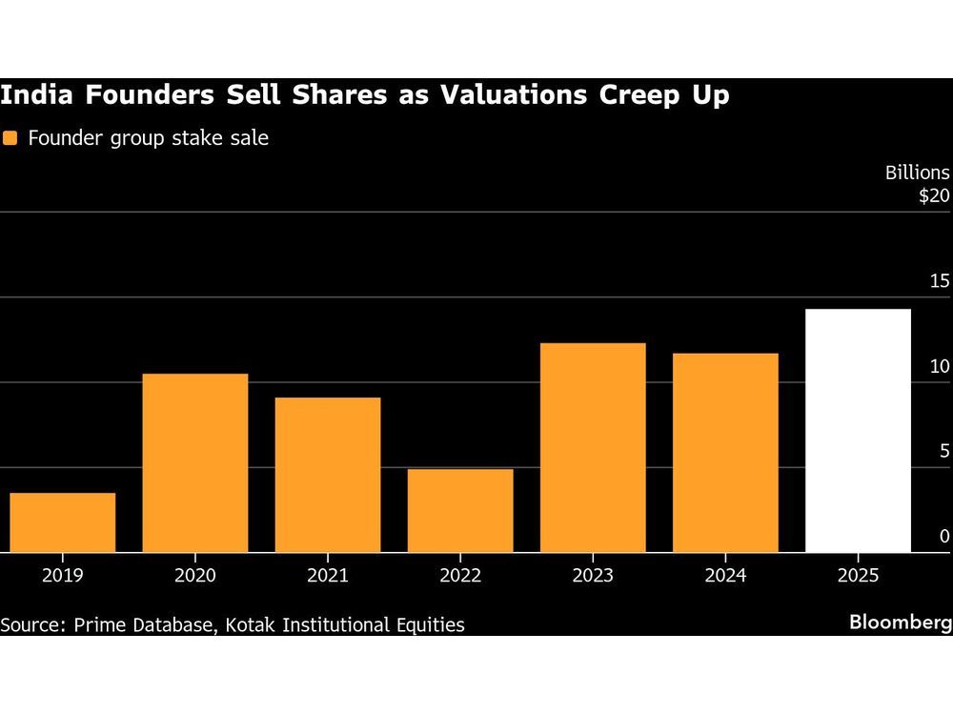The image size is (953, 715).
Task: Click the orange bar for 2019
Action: coord(63,522)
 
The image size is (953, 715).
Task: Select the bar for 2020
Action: coord(195,463)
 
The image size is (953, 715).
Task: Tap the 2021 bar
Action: coord(328,475)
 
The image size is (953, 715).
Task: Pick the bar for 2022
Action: coord(460,511)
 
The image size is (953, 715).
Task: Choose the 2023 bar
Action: coord(593,448)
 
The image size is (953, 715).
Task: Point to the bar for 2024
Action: coord(725,453)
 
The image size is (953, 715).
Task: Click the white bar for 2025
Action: coord(858,431)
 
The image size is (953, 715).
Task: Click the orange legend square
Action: coord(10,138)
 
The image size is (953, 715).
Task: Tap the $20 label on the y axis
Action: coord(934,196)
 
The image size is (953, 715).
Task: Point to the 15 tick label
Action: coord(940,281)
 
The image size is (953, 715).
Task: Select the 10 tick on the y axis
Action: coord(940,367)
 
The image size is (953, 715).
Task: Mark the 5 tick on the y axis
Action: coord(944,452)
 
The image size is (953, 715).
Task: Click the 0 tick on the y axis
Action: coord(944,537)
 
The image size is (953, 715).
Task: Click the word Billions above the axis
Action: coord(917,173)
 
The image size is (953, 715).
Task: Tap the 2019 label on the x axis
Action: coord(63,576)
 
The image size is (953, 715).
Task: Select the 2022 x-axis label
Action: coord(460,576)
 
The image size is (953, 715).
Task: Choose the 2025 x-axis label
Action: coord(858,576)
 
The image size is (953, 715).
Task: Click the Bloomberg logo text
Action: coord(901,623)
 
